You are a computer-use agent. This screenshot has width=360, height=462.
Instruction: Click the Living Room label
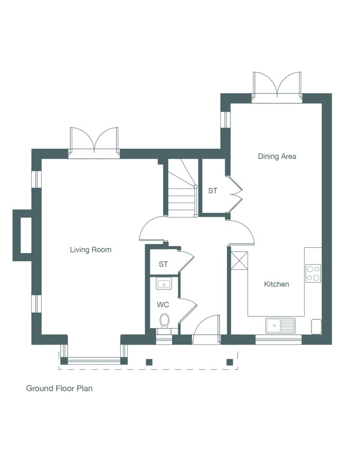[90, 249]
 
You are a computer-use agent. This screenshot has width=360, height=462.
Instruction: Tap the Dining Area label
[277, 156]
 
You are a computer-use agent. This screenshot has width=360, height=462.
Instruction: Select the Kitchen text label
[276, 284]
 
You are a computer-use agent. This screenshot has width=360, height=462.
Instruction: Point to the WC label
[163, 304]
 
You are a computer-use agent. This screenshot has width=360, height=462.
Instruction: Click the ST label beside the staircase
[213, 190]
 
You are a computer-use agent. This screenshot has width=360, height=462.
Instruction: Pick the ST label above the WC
[163, 264]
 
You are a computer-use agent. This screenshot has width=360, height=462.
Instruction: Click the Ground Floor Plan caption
[59, 388]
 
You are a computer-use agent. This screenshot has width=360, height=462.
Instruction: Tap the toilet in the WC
[164, 323]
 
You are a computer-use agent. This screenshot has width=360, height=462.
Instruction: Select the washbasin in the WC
[164, 284]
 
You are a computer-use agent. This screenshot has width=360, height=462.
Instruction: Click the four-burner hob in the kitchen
[313, 273]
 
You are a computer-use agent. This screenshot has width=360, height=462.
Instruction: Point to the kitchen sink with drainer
[280, 325]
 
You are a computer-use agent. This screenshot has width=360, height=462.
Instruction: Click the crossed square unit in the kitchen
[239, 261]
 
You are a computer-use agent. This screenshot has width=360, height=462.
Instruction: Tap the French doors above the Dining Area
[277, 87]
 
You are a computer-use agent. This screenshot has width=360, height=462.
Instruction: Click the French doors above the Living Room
[94, 142]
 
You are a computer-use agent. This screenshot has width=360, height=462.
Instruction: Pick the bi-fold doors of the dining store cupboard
[235, 194]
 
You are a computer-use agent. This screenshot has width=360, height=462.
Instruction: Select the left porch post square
[149, 362]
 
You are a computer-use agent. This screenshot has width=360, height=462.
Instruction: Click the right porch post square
[230, 362]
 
